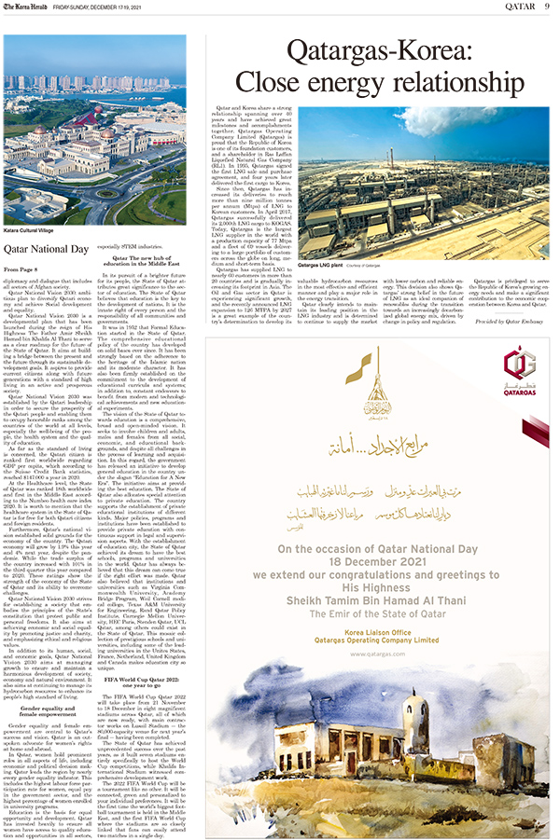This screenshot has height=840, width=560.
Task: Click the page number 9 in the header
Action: [546, 7]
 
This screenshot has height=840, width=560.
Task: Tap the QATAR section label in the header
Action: [517, 7]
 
